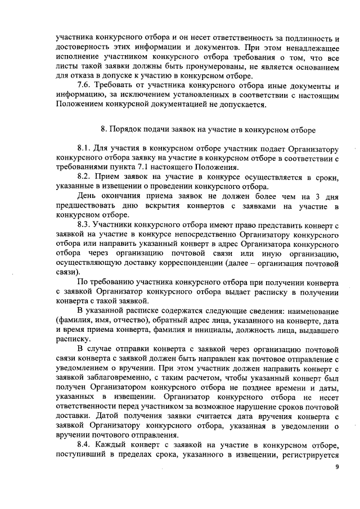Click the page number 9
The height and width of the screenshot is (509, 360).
coord(337,467)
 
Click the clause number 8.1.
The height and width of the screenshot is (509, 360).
coord(84,148)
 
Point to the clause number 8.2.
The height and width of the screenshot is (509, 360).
coord(84,177)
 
